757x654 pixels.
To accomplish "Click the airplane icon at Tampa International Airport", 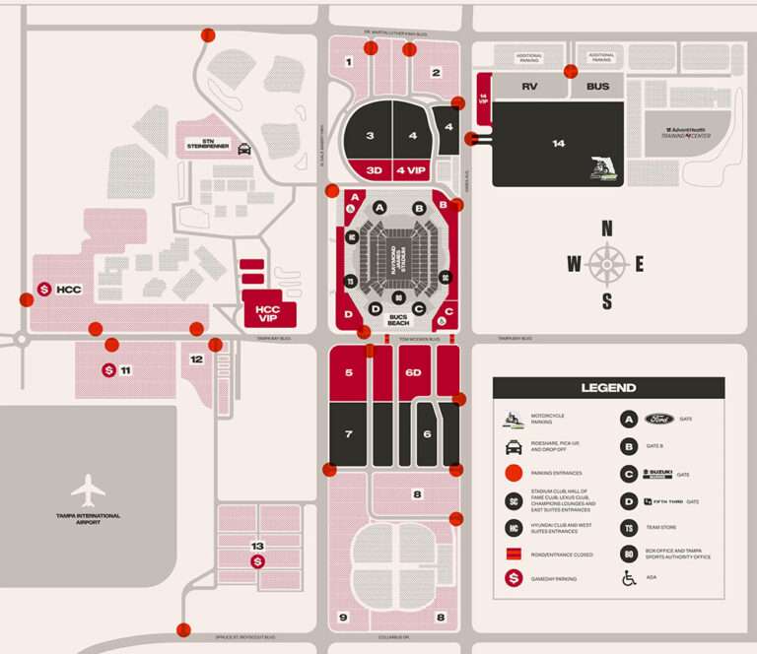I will [88, 489].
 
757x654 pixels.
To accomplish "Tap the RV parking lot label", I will [529, 87].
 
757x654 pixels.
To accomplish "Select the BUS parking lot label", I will [597, 87].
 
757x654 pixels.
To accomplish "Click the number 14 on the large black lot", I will [558, 144].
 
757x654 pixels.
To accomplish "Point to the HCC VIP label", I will [267, 312].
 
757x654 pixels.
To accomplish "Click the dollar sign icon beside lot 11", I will [108, 370].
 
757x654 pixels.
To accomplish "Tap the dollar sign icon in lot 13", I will [257, 561].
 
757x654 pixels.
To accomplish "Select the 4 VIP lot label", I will [411, 170].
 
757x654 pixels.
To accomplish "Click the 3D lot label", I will [374, 170].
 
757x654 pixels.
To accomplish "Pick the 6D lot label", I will [414, 372].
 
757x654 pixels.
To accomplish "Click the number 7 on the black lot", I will [348, 434].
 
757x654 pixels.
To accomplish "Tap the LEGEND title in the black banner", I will [608, 388].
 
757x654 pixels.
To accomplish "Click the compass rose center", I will [607, 263].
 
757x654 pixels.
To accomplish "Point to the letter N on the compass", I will [607, 229].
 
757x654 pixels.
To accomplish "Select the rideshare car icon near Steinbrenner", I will [243, 150].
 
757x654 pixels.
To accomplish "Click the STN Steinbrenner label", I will [208, 144].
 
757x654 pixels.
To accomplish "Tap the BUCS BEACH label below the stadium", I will [397, 320].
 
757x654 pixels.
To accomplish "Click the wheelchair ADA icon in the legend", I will [628, 578].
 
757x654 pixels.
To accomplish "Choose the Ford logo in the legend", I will [657, 419].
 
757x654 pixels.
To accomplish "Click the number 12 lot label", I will [197, 360].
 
